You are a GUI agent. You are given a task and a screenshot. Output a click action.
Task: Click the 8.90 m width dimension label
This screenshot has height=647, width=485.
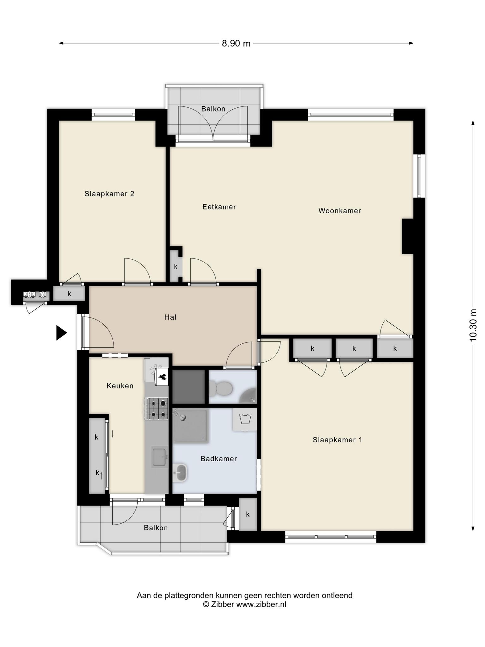click(236, 43)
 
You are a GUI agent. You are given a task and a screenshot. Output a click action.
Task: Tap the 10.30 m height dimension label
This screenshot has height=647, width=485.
click(473, 325)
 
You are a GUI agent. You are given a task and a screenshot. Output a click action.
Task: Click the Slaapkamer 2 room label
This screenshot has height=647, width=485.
click(109, 194)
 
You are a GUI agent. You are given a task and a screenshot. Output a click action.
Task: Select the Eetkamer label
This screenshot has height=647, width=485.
click(219, 207)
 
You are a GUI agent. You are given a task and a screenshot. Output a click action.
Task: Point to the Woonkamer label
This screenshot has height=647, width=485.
click(339, 211)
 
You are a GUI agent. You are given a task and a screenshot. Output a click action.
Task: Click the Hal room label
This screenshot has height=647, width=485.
click(170, 317)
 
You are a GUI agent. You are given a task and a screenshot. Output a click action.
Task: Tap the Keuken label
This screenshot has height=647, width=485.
click(120, 386)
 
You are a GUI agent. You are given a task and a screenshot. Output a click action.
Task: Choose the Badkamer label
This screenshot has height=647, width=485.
click(219, 459)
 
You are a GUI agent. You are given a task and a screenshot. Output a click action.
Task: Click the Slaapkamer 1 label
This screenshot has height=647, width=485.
click(337, 440)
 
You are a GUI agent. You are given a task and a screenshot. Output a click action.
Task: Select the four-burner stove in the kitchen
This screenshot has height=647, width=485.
click(157, 409)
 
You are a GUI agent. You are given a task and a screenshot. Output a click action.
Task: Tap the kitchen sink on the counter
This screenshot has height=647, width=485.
click(159, 457)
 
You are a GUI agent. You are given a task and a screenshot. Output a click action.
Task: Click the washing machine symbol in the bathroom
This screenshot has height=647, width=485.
click(245, 420)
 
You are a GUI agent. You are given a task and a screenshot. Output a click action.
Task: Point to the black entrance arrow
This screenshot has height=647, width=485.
click(61, 333)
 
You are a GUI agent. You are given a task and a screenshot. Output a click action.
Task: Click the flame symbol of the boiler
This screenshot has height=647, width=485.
click(163, 377)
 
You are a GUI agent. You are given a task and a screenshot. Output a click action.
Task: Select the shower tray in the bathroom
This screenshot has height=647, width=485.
click(190, 426)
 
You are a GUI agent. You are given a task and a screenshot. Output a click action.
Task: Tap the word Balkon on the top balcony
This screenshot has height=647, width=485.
click(213, 109)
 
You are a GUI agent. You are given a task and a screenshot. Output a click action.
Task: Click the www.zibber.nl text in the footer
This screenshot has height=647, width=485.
click(261, 605)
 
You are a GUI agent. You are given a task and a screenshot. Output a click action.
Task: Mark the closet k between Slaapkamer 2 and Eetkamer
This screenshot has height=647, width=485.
click(176, 267)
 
